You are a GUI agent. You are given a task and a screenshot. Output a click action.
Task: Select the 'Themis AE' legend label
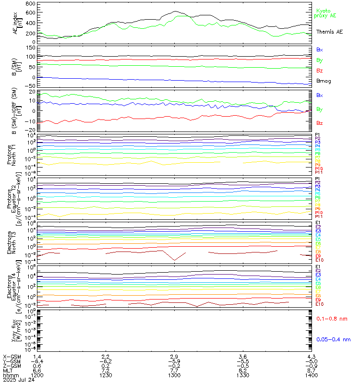329,31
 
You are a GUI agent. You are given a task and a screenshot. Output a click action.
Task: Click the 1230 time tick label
107,375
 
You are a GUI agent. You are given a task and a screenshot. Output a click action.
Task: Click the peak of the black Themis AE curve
175,11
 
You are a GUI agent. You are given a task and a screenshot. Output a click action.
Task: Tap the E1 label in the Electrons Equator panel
318,267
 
